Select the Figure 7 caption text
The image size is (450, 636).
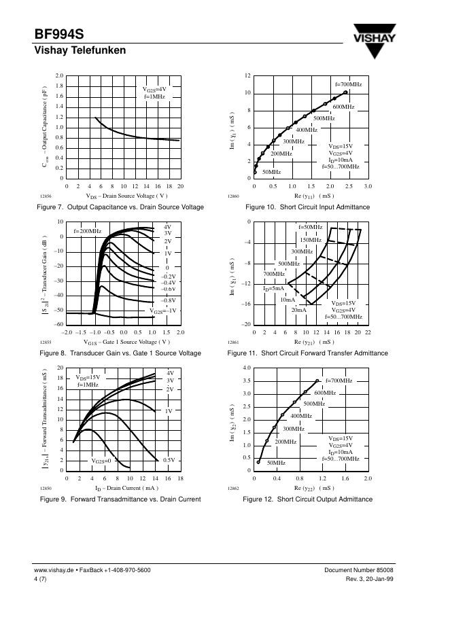pyautogui.click(x=122, y=207)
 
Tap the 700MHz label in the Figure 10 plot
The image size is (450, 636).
pyautogui.click(x=348, y=84)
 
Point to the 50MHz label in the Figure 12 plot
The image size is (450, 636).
pyautogui.click(x=276, y=463)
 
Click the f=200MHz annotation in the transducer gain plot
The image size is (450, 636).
pyautogui.click(x=87, y=231)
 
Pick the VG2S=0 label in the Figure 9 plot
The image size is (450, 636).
pyautogui.click(x=101, y=461)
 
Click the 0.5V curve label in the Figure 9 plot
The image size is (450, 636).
pyautogui.click(x=169, y=460)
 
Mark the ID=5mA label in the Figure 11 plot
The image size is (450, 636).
pyautogui.click(x=275, y=289)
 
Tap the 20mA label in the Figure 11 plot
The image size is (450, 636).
pyautogui.click(x=299, y=310)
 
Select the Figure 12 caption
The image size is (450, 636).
pyautogui.click(x=307, y=499)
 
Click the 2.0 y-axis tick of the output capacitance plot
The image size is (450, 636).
pyautogui.click(x=59, y=76)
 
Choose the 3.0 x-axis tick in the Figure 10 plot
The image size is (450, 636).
pyautogui.click(x=368, y=185)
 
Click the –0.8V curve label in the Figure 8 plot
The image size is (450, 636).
pyautogui.click(x=168, y=300)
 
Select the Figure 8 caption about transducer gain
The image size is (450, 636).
pyautogui.click(x=120, y=353)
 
